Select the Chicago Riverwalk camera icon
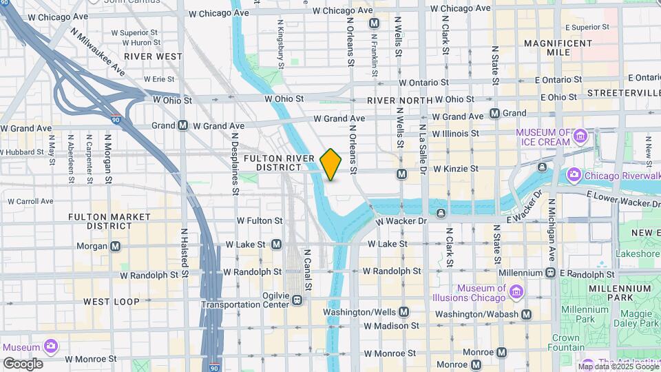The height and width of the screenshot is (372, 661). click(x=574, y=176)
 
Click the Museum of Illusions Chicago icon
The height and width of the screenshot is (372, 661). click(x=516, y=293)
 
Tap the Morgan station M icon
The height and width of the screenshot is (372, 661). click(x=115, y=246)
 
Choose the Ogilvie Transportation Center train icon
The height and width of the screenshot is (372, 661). click(x=297, y=300)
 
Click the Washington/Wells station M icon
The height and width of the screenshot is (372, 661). click(x=403, y=311)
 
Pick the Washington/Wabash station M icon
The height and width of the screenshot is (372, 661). click(x=526, y=314)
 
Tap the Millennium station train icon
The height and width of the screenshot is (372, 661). click(x=550, y=273)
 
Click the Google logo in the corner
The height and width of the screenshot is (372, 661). click(x=23, y=364)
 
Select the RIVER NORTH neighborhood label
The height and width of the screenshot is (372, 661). click(x=400, y=101)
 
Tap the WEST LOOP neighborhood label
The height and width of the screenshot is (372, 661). click(x=112, y=302)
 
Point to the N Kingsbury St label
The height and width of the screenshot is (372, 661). click(x=280, y=43)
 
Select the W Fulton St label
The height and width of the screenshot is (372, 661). click(x=260, y=221)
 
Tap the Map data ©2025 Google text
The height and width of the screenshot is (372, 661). click(x=618, y=366)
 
